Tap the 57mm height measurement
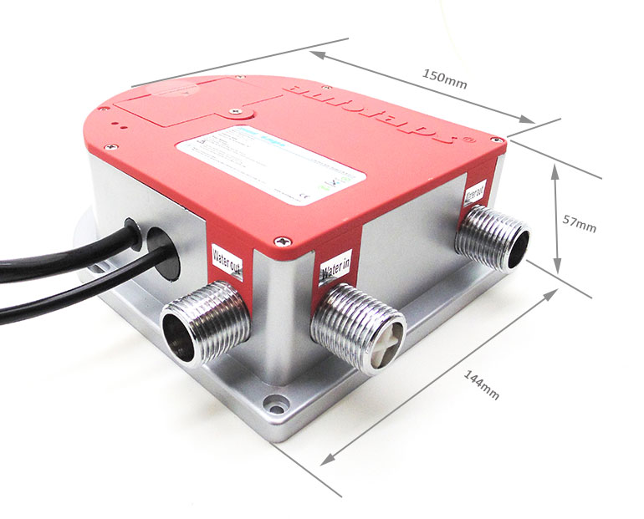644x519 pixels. (x=579, y=223)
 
